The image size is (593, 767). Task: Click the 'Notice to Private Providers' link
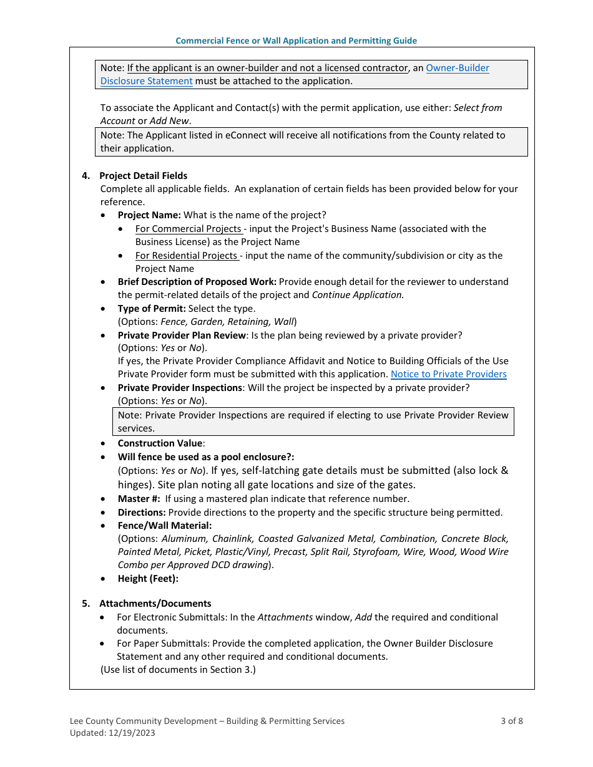(x=448, y=374)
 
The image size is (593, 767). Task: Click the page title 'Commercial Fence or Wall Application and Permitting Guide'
(x=296, y=41)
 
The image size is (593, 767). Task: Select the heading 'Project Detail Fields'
(x=143, y=176)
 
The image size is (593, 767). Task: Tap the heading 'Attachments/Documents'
(x=155, y=604)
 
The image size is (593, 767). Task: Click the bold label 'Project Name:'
(x=149, y=215)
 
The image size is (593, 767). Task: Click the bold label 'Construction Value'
(x=160, y=443)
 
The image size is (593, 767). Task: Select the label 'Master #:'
(x=139, y=499)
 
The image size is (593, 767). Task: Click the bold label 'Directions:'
(x=142, y=513)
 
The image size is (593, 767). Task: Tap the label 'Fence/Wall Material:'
(x=165, y=526)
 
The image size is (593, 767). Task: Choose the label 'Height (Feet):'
(x=148, y=579)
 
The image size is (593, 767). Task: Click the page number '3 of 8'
(x=511, y=721)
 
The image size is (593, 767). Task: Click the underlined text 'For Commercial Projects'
(x=188, y=229)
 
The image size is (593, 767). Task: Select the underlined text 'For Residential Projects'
(x=187, y=256)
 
